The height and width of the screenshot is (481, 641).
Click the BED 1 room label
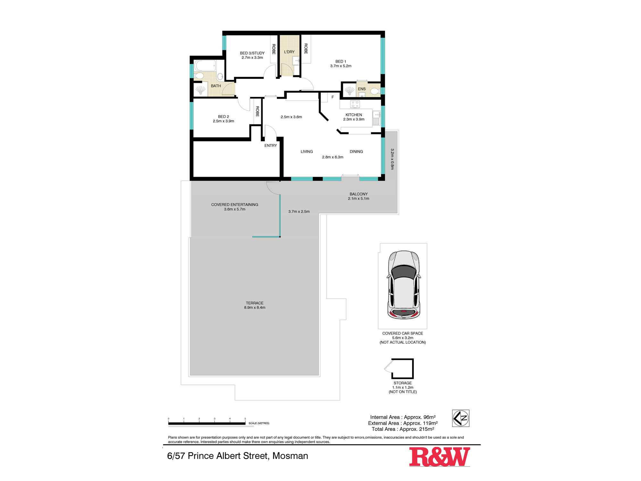point(341,62)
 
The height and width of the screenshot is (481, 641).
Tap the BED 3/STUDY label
point(252,53)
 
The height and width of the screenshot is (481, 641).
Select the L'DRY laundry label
point(289,52)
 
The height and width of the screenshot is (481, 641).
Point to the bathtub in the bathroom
point(204,66)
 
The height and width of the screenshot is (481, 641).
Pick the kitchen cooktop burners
point(355,104)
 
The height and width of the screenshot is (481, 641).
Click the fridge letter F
point(333,97)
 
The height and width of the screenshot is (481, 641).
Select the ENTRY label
point(271,146)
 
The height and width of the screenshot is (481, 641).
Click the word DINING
point(356,152)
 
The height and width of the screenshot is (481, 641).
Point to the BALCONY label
point(358,194)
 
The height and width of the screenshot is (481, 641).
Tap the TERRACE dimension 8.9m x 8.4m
point(254,308)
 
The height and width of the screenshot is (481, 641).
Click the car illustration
point(404,285)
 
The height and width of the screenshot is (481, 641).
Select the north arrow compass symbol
point(461,418)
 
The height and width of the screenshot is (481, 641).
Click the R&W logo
point(439,457)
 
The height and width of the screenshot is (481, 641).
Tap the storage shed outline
point(402,369)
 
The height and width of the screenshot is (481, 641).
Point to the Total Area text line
point(403,429)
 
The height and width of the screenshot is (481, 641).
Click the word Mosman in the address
point(290,456)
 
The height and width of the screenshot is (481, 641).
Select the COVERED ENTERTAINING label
point(235,205)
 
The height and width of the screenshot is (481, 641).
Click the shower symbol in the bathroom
point(200,90)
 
